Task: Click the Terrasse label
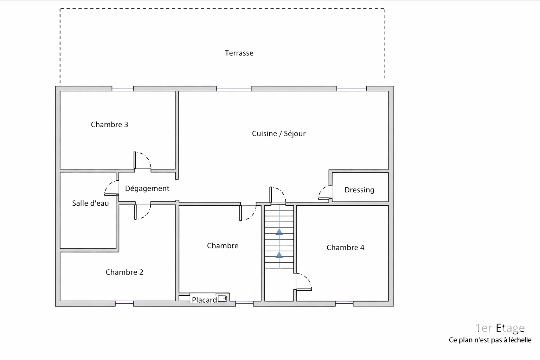pyautogui.click(x=239, y=53)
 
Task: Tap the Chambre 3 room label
pyautogui.click(x=109, y=124)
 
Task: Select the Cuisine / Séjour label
pyautogui.click(x=279, y=134)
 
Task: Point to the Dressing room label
pyautogui.click(x=359, y=190)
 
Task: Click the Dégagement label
pyautogui.click(x=147, y=188)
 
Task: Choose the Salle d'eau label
pyautogui.click(x=90, y=203)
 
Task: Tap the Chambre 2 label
pyautogui.click(x=124, y=272)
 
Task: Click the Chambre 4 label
pyautogui.click(x=345, y=247)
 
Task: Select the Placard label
pyautogui.click(x=204, y=300)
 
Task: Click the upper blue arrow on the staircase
pyautogui.click(x=279, y=232)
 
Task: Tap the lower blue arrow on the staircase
pyautogui.click(x=279, y=255)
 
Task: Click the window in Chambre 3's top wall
pyautogui.click(x=122, y=90)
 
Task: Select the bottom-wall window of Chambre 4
pyautogui.click(x=344, y=302)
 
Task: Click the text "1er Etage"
pyautogui.click(x=500, y=328)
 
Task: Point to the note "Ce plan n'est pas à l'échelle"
pyautogui.click(x=490, y=340)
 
